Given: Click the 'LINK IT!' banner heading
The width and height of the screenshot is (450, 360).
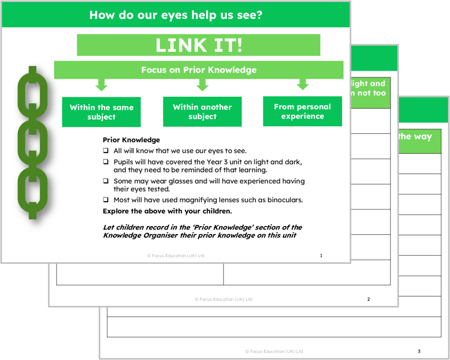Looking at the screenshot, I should (x=198, y=45).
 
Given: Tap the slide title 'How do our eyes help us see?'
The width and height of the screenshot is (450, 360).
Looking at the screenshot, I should (x=176, y=15).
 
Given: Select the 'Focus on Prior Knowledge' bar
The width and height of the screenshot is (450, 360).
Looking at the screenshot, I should (x=199, y=70).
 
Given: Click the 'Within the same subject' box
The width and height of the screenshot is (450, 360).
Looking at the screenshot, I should (x=101, y=112).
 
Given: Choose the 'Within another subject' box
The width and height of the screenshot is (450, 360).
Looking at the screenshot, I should (x=202, y=111).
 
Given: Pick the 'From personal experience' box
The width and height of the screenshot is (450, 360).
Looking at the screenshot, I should (x=303, y=111).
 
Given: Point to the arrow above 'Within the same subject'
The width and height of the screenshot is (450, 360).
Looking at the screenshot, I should (x=101, y=85).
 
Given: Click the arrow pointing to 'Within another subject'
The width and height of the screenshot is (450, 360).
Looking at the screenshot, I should (x=202, y=85).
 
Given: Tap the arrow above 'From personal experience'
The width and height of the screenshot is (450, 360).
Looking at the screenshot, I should (x=303, y=84).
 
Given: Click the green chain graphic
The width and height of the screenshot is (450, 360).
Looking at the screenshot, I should (x=33, y=143).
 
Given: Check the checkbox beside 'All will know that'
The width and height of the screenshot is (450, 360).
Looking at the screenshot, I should (x=106, y=150).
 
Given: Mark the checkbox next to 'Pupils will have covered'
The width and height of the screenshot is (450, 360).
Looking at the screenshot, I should (x=106, y=162).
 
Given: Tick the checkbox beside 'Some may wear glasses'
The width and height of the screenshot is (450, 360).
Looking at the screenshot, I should (x=106, y=181).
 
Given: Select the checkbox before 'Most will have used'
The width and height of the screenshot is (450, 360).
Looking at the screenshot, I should (x=106, y=200).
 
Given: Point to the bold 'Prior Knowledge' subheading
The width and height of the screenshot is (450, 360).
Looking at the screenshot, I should (x=131, y=140).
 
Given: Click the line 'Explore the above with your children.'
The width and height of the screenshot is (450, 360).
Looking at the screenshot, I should (x=167, y=211).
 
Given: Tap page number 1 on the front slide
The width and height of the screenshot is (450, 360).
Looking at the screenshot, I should (x=321, y=256).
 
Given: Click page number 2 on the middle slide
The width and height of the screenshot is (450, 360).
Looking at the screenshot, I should (x=369, y=299).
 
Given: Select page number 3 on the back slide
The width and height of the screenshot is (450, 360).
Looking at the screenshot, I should (x=419, y=351).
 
